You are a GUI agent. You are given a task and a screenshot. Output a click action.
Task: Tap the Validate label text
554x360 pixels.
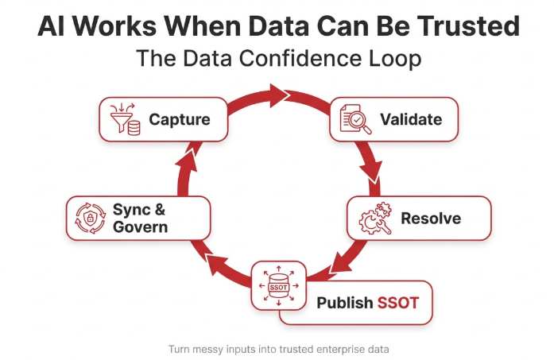click(410, 120)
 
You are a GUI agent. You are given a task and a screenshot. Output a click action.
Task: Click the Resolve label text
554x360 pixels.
click(430, 218)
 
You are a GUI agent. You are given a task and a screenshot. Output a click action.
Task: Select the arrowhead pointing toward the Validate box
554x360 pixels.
click(282, 97)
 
